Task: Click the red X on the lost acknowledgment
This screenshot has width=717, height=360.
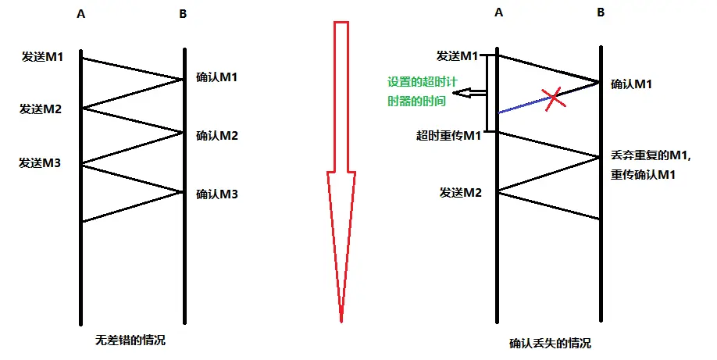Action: pyautogui.click(x=553, y=98)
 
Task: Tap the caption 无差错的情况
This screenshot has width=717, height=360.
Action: pyautogui.click(x=130, y=340)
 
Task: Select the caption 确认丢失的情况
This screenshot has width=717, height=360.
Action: pyautogui.click(x=550, y=343)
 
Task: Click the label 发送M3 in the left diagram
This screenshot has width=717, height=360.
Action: pyautogui.click(x=41, y=162)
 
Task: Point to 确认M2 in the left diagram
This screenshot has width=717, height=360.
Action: pyautogui.click(x=216, y=135)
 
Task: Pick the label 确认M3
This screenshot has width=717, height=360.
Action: pyautogui.click(x=216, y=194)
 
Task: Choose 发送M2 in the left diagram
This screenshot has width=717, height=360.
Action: pyautogui.click(x=41, y=109)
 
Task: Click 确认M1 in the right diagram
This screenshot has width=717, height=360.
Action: pyautogui.click(x=631, y=84)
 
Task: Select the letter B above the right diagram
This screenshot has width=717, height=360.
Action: pyautogui.click(x=601, y=12)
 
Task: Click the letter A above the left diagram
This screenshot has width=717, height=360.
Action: pyautogui.click(x=81, y=15)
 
